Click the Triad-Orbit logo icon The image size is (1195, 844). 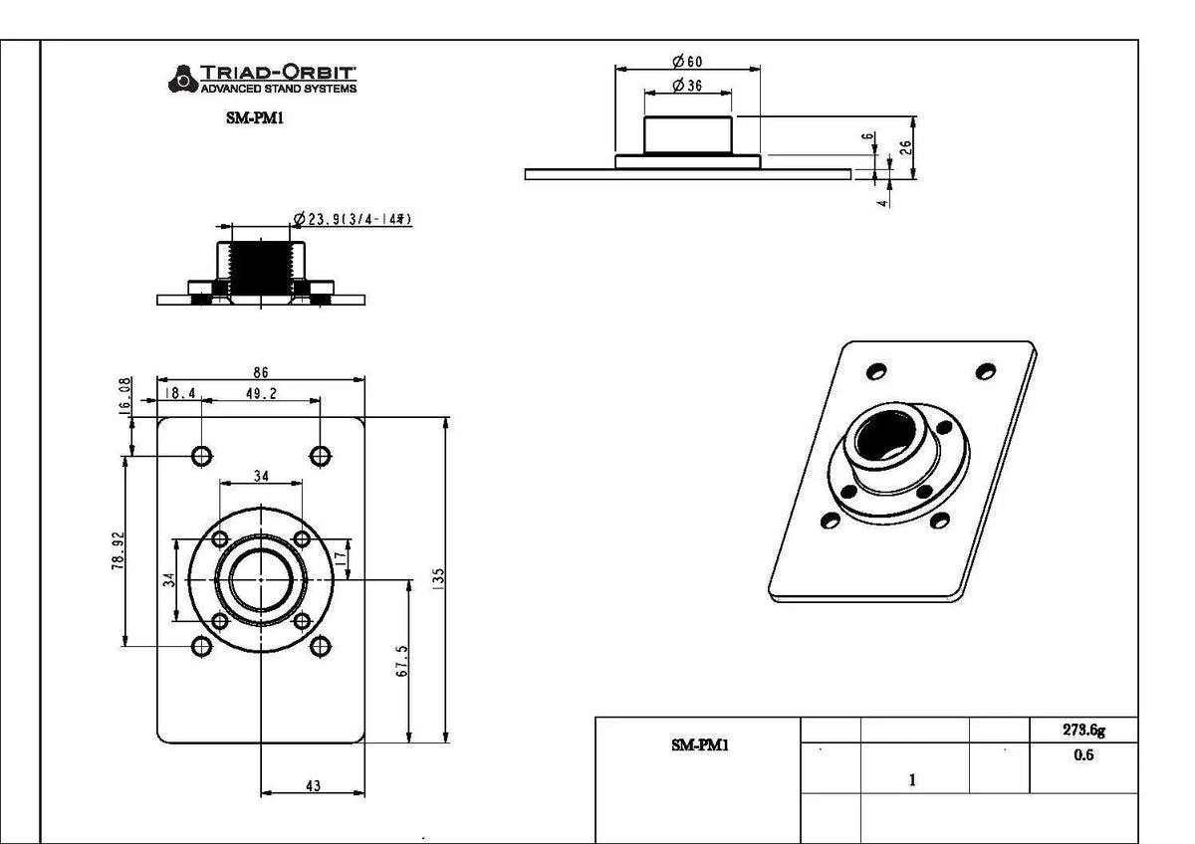click(182, 78)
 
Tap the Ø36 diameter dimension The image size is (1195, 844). click(688, 87)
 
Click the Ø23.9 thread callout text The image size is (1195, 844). click(354, 219)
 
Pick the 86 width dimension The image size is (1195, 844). click(261, 372)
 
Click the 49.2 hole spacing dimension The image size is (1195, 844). click(261, 394)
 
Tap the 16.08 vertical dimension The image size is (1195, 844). click(126, 396)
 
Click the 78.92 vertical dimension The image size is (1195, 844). click(119, 549)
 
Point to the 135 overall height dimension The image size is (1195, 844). click(438, 578)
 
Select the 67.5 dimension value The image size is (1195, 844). click(400, 660)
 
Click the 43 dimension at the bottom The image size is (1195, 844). click(313, 786)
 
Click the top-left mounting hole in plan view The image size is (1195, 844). click(202, 456)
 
